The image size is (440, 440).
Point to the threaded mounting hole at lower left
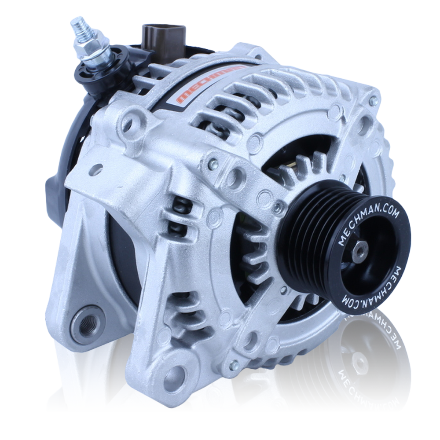(86, 323)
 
